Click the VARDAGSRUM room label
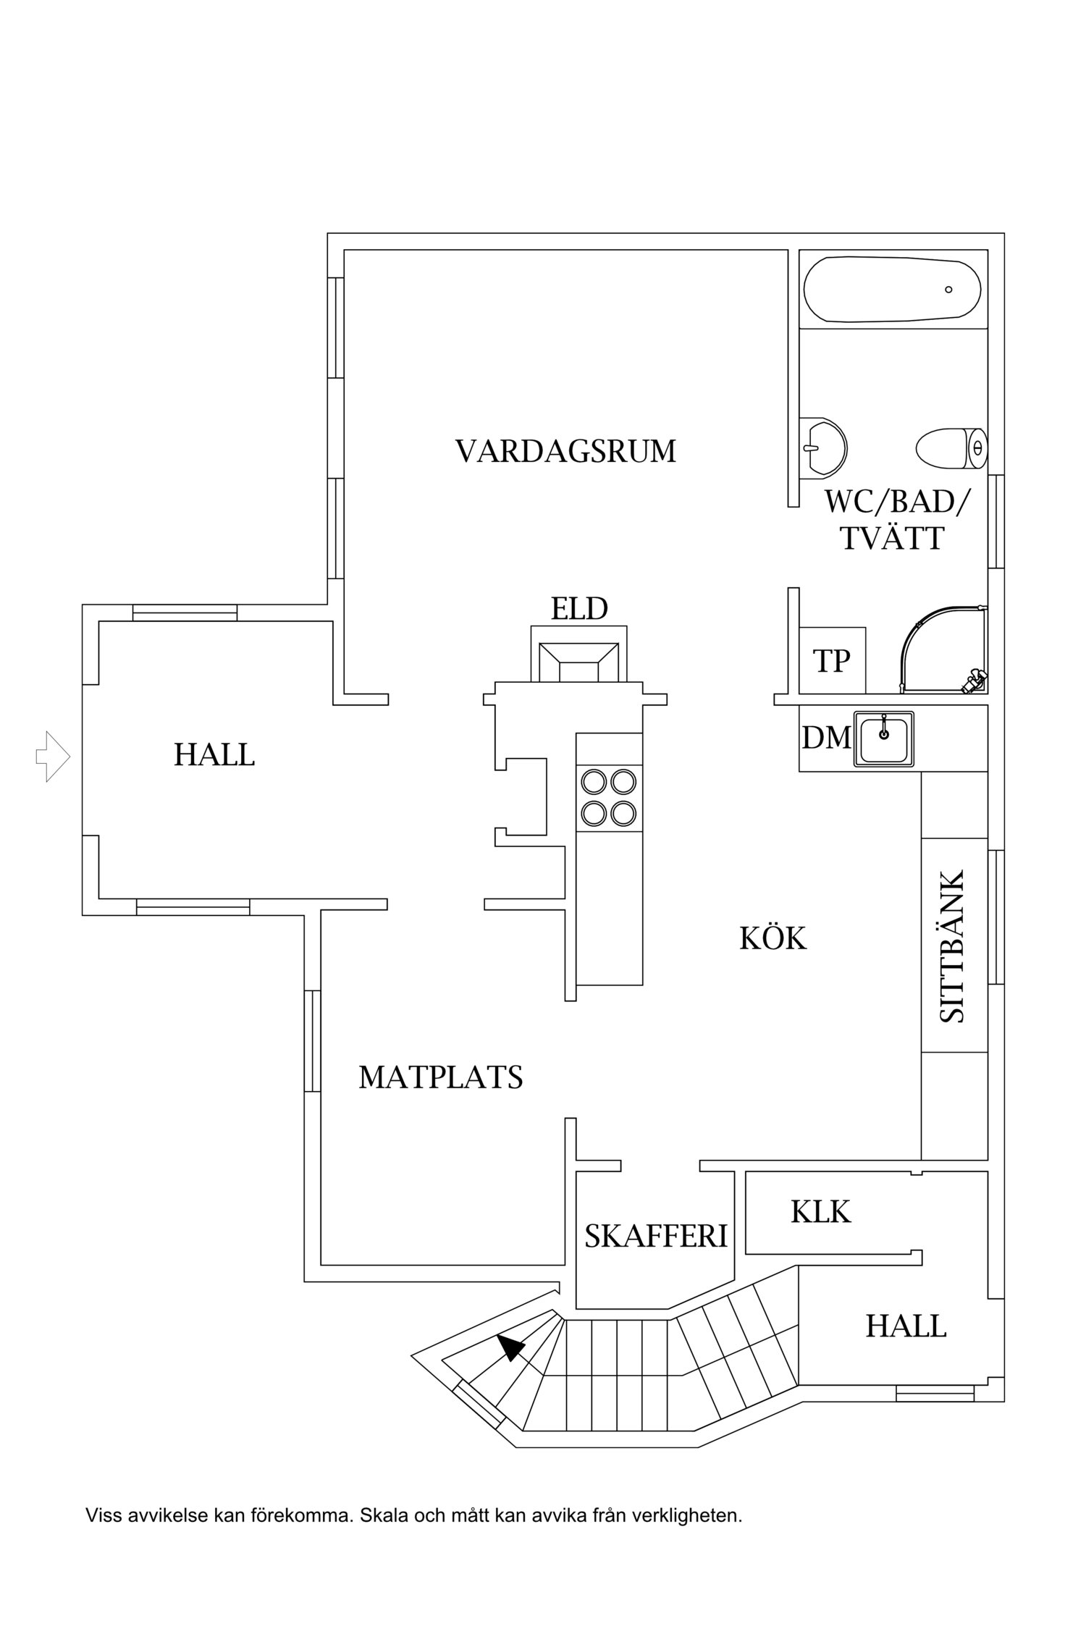pyautogui.click(x=565, y=451)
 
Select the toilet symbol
pyautogui.click(x=949, y=449)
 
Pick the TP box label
pyautogui.click(x=831, y=660)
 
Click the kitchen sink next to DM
pyautogui.click(x=883, y=738)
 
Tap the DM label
pyautogui.click(x=825, y=738)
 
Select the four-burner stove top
pyautogui.click(x=609, y=798)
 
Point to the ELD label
pyautogui.click(x=579, y=609)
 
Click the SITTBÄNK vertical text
pyautogui.click(x=954, y=946)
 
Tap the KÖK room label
pyautogui.click(x=773, y=939)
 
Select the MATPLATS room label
pyautogui.click(x=440, y=1077)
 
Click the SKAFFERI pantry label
pyautogui.click(x=656, y=1236)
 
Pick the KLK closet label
pyautogui.click(x=820, y=1211)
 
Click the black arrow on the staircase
pyautogui.click(x=511, y=1347)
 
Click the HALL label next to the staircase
pyautogui.click(x=906, y=1326)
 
